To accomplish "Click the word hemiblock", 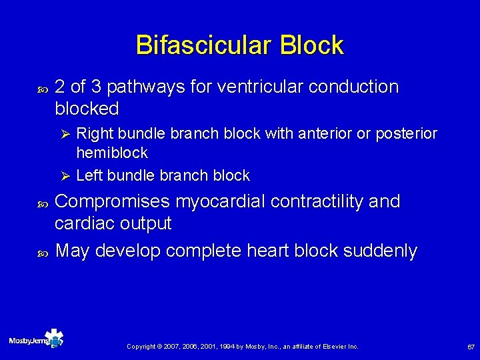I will (112, 153).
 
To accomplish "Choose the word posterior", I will (407, 133).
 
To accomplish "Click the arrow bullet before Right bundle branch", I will (65, 134).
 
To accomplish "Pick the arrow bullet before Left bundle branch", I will (65, 176).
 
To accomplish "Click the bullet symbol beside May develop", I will (43, 252).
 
